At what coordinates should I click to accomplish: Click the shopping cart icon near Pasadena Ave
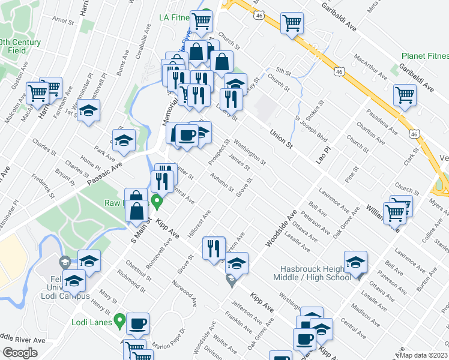[405, 94]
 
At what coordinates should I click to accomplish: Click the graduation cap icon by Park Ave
[124, 140]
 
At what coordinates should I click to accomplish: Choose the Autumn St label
[221, 182]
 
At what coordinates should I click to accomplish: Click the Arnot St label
[62, 20]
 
